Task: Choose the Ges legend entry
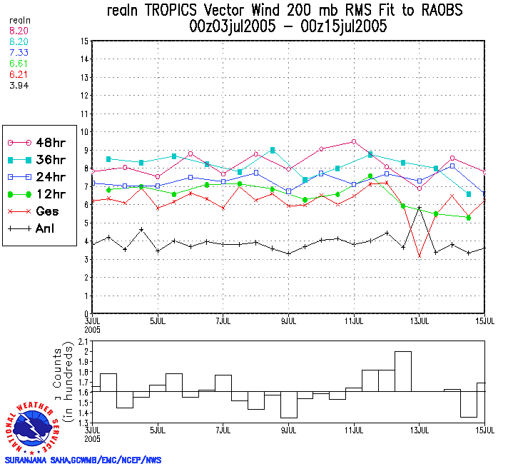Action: (x=36, y=211)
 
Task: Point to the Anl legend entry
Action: (x=36, y=228)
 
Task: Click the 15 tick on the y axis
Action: (x=84, y=41)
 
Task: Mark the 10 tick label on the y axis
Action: (x=84, y=132)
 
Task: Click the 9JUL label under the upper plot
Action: (x=288, y=320)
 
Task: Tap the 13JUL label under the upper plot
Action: (x=420, y=320)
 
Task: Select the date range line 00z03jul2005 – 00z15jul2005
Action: (x=285, y=27)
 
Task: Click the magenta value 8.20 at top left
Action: (x=19, y=32)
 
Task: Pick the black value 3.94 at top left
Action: (x=19, y=86)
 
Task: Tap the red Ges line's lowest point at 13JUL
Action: (x=420, y=256)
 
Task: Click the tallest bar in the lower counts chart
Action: (x=403, y=371)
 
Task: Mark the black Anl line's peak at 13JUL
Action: (x=420, y=208)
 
